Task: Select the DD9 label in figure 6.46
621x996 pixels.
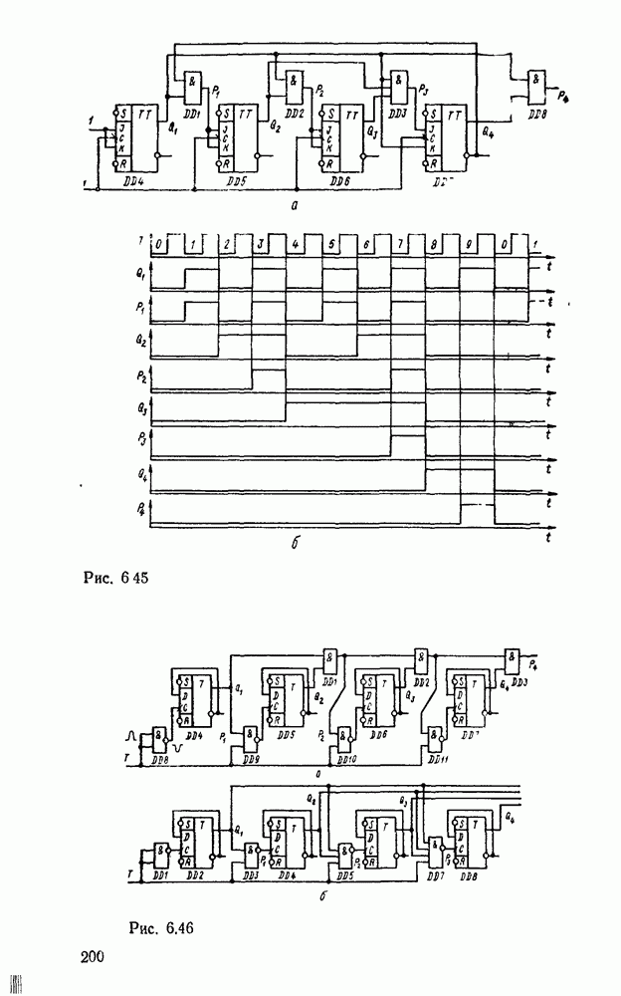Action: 252,759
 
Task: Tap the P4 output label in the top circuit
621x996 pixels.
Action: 565,96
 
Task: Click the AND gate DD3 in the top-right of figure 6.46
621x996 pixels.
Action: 513,657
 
